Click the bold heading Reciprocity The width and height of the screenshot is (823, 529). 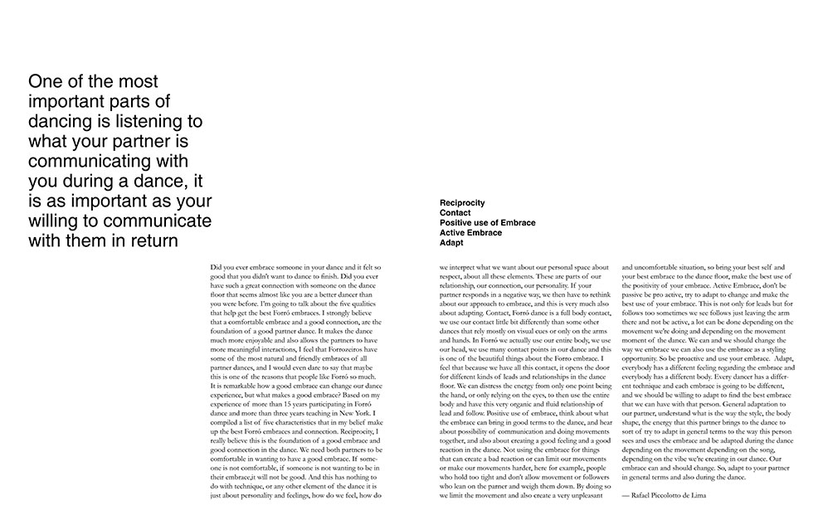pyautogui.click(x=462, y=202)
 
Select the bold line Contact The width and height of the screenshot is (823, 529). pyautogui.click(x=455, y=213)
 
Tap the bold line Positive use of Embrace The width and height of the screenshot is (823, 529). pyautogui.click(x=487, y=223)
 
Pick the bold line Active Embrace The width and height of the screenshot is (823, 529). pyautogui.click(x=470, y=233)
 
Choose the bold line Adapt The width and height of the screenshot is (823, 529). pyautogui.click(x=451, y=243)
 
